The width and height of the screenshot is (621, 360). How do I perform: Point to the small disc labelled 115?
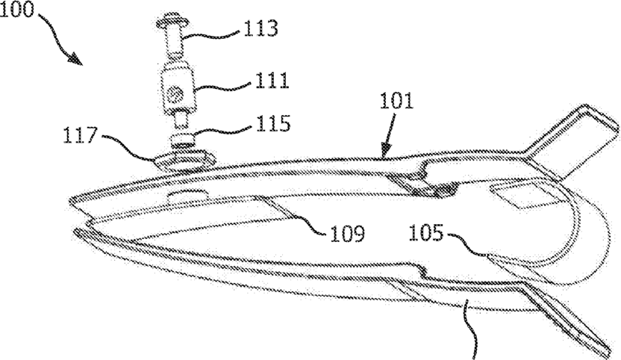tap(181, 140)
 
